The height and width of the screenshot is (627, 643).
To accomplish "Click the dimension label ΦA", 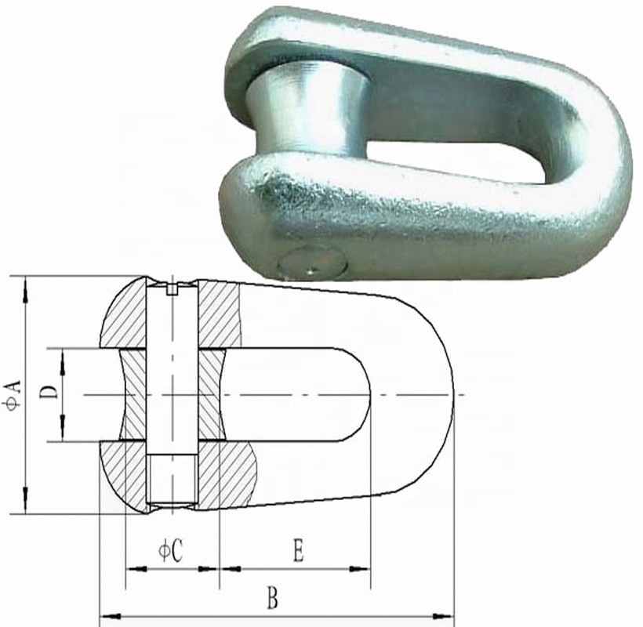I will tap(13, 392).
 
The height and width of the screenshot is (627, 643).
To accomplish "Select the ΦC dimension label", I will tap(171, 550).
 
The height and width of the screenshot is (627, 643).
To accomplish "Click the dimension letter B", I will tap(272, 600).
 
